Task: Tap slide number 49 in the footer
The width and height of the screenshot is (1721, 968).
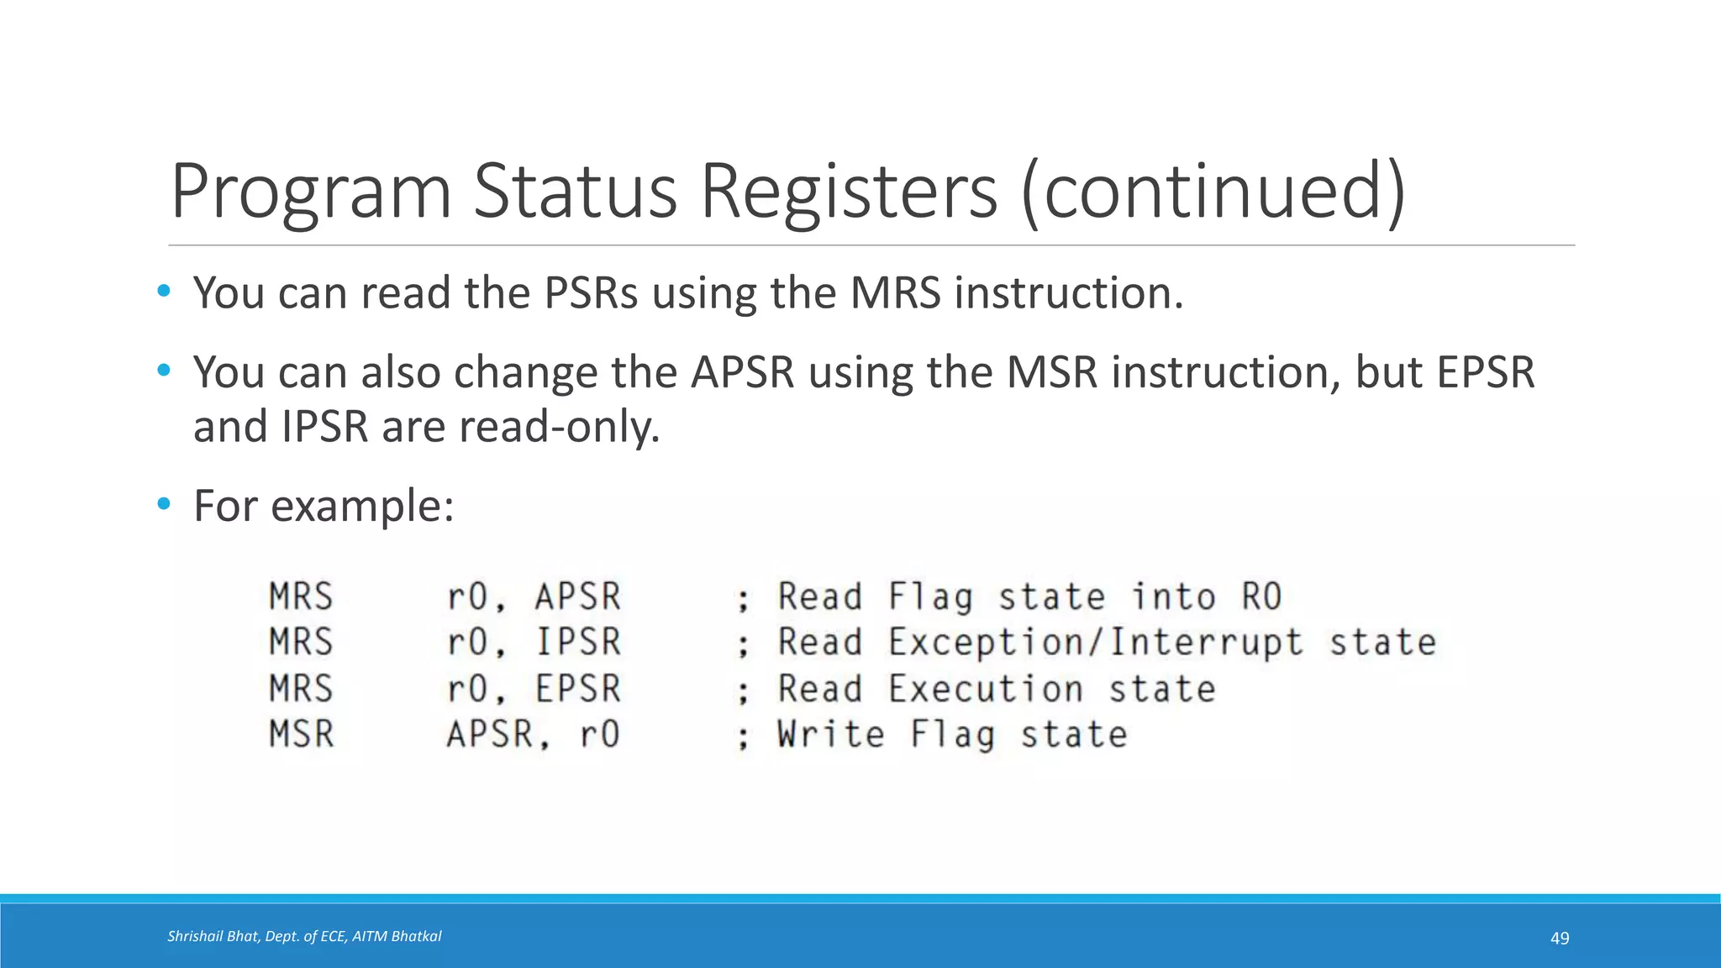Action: click(x=1559, y=938)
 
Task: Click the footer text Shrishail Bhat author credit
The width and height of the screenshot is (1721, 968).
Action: click(x=304, y=936)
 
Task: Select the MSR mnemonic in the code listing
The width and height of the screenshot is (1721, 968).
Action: click(x=301, y=734)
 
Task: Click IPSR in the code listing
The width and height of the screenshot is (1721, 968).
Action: click(x=578, y=642)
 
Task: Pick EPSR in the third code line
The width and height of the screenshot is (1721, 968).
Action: click(x=578, y=688)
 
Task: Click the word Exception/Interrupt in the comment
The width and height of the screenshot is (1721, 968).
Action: click(x=1096, y=643)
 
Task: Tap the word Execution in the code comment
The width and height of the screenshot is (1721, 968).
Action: click(x=986, y=689)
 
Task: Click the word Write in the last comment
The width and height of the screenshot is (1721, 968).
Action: click(x=830, y=734)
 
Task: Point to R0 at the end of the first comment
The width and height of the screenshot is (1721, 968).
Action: click(x=1261, y=597)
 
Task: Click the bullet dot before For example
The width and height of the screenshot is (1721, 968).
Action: click(x=163, y=504)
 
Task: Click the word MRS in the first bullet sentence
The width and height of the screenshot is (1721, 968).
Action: click(x=895, y=293)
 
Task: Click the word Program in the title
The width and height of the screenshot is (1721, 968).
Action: click(x=311, y=193)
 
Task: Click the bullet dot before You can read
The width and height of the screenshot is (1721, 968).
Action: click(x=163, y=292)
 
